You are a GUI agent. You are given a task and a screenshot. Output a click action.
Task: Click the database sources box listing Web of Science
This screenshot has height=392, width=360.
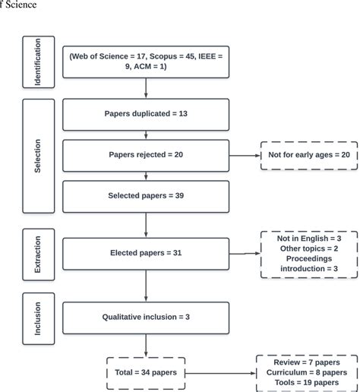[145, 62]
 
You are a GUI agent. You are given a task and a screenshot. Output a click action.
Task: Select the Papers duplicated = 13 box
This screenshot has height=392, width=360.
[145, 114]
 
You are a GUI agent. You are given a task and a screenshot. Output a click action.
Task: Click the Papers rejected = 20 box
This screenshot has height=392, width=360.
[145, 154]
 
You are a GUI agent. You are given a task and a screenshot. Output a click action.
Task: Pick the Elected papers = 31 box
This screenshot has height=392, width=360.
[145, 253]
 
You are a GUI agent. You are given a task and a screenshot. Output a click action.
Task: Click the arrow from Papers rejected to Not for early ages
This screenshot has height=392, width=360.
[243, 154]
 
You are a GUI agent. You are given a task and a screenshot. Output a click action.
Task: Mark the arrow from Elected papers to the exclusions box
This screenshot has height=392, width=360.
[243, 253]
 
